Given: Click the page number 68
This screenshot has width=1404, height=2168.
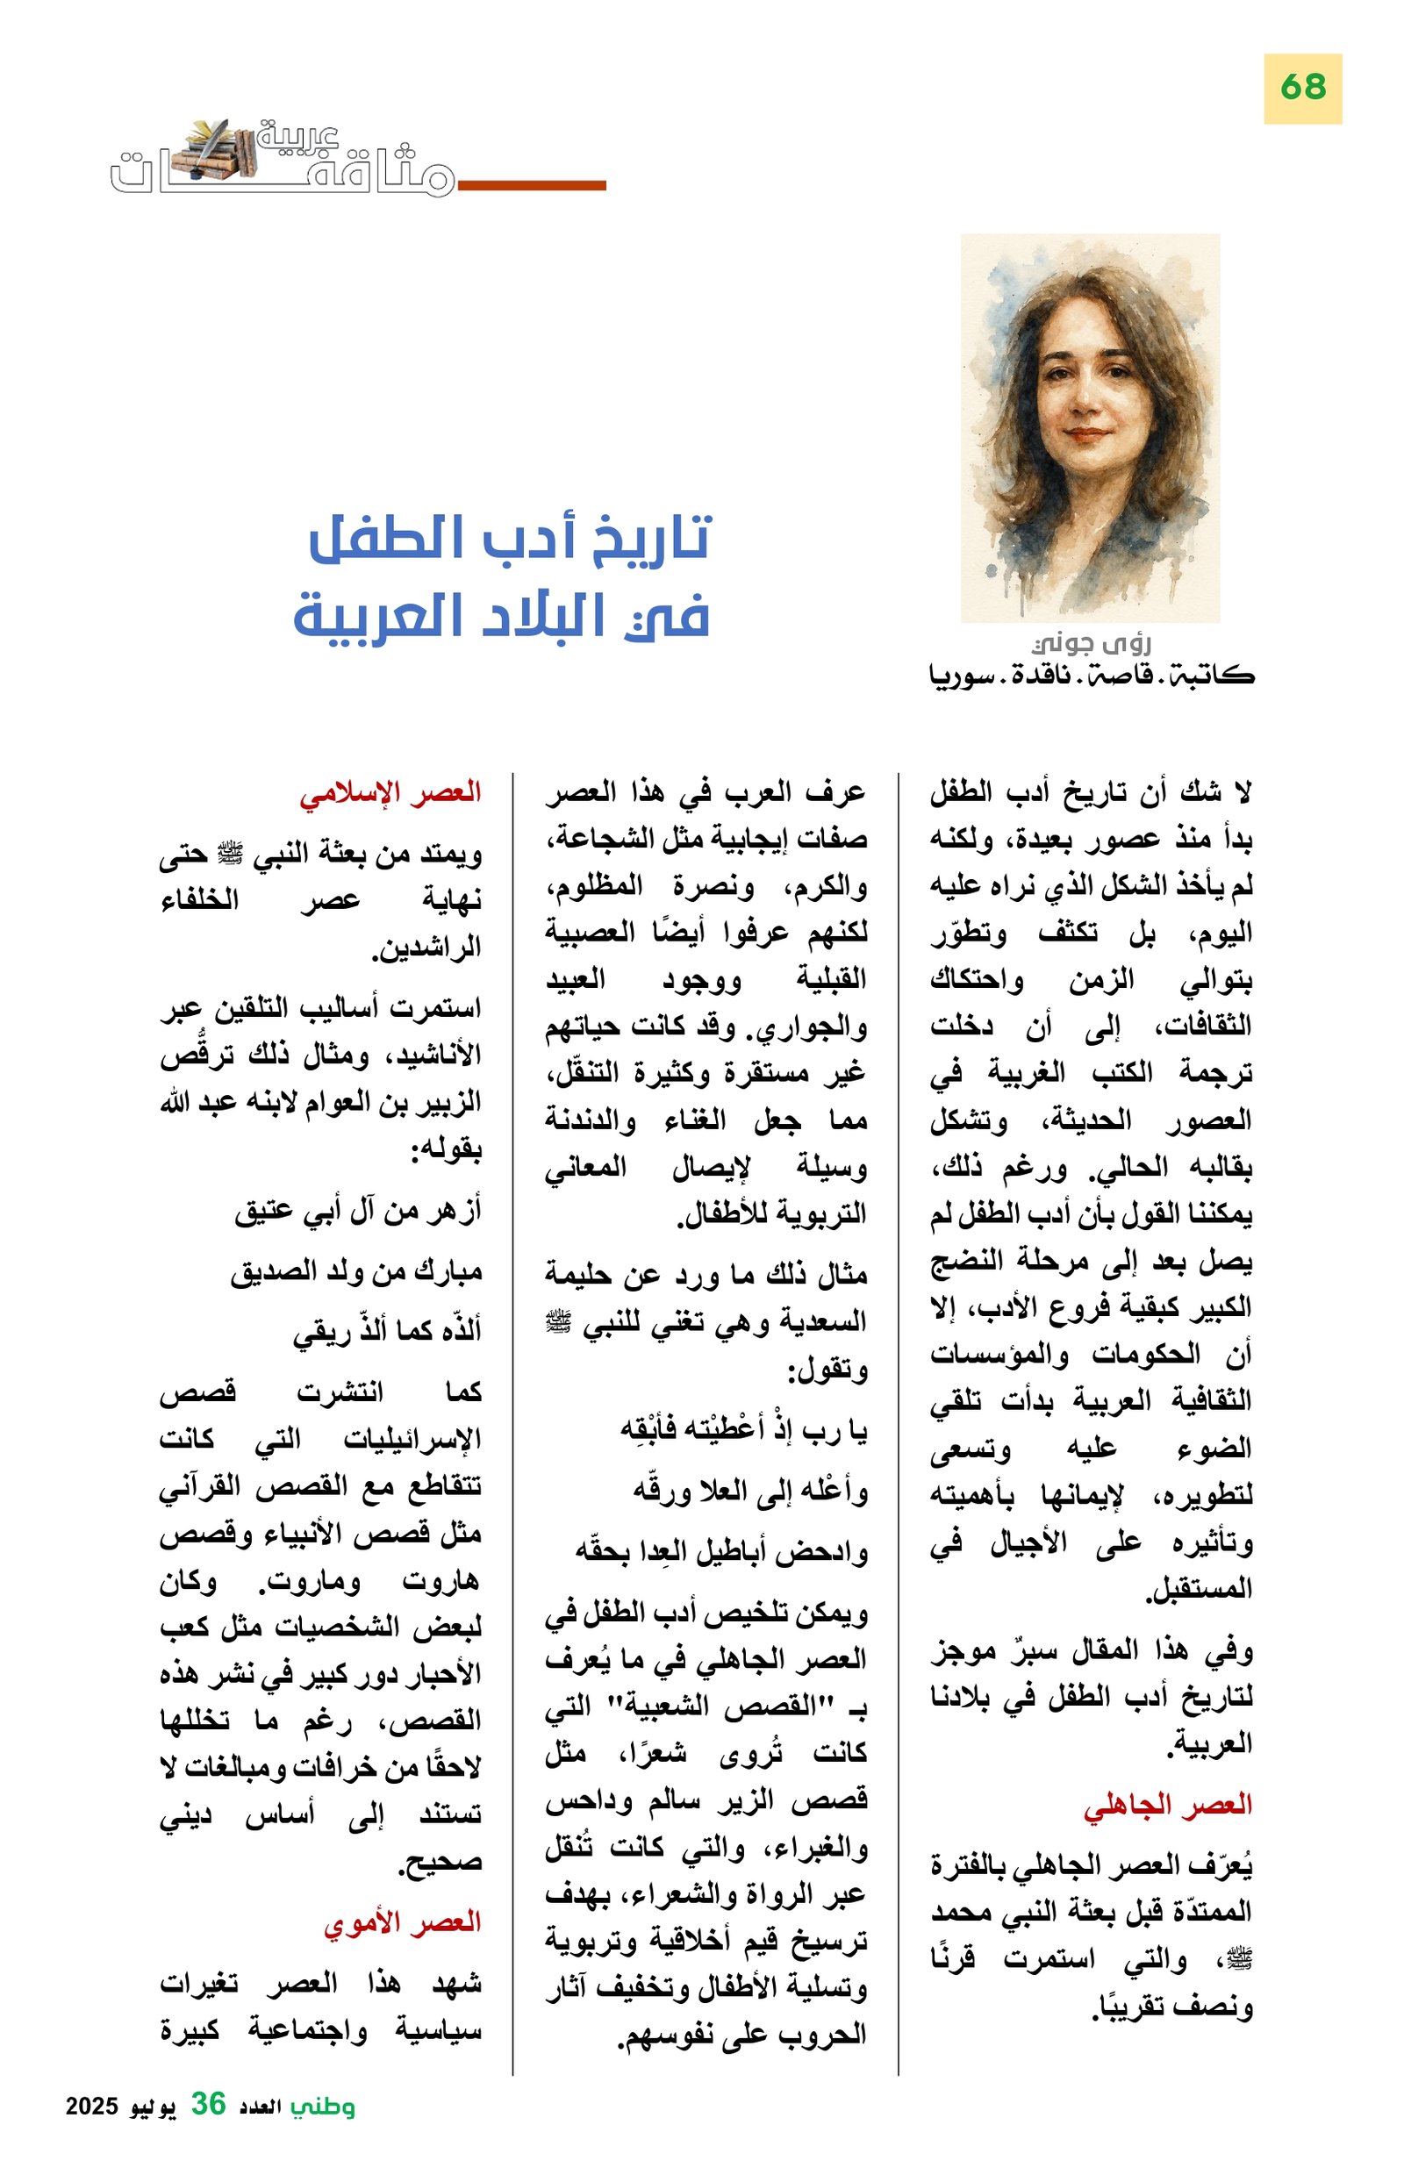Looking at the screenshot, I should pos(1302,89).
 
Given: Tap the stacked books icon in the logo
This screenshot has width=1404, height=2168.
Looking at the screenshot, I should pos(218,149).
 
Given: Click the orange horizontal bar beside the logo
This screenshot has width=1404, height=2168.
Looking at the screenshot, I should pos(532,186).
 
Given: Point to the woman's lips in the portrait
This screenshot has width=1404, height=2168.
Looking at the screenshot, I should pos(1089,434).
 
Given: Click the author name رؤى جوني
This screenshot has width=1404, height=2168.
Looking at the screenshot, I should pos(1092,645).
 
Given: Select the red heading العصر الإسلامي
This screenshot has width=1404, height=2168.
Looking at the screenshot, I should pos(390,792).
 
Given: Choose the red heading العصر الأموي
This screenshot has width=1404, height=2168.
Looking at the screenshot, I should pos(402,1922).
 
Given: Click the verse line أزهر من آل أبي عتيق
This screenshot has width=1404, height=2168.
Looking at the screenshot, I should pos(358,1211).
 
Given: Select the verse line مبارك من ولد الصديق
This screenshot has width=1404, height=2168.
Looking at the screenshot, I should pos(356,1271).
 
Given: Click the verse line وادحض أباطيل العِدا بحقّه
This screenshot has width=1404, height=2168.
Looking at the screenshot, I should pos(720,1552).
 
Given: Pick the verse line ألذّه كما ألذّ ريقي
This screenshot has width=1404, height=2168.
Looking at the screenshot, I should pos(387,1333).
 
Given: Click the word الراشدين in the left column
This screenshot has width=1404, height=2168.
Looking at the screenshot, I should pos(426,948).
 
